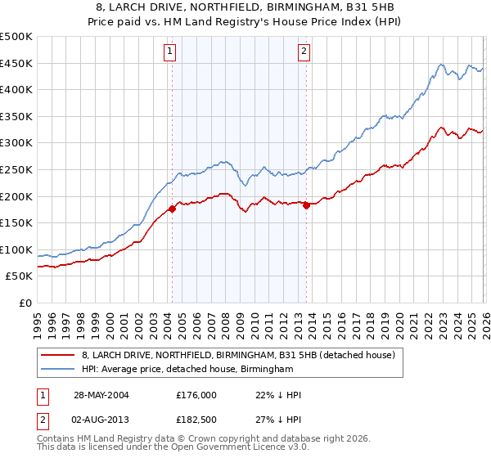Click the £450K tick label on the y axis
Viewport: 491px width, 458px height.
pos(16,64)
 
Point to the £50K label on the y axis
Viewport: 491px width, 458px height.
pos(19,276)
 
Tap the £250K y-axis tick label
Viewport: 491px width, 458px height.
pos(16,170)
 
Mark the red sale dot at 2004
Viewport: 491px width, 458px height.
pos(173,209)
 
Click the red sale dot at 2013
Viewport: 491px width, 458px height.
pos(306,206)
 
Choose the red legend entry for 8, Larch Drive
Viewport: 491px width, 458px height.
pos(238,355)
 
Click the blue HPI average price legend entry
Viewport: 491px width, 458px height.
pos(187,370)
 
